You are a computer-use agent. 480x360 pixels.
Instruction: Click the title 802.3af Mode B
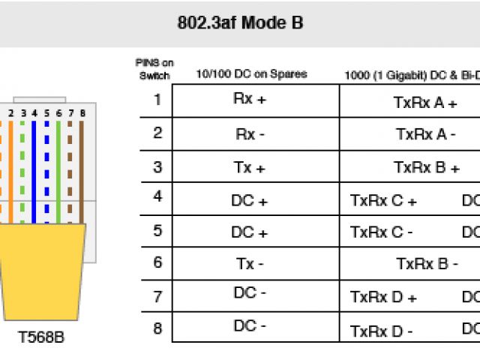[x=240, y=23]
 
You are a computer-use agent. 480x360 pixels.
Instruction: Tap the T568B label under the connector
[x=41, y=337]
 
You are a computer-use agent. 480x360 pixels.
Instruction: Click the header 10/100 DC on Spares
[x=251, y=74]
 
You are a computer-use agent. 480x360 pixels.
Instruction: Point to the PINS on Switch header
[x=154, y=70]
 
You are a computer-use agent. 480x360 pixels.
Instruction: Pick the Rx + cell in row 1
[x=249, y=100]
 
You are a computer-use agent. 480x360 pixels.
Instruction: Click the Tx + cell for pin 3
[x=250, y=167]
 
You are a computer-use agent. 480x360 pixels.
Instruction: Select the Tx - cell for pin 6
[x=250, y=264]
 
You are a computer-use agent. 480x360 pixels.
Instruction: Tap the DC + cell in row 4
[x=250, y=200]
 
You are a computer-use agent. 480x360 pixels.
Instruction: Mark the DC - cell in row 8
[x=250, y=326]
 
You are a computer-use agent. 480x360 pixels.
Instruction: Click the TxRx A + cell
[x=425, y=103]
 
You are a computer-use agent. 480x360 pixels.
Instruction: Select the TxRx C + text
[x=383, y=201]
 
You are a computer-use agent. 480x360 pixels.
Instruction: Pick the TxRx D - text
[x=382, y=331]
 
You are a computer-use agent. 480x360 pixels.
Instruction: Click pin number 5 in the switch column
[x=157, y=230]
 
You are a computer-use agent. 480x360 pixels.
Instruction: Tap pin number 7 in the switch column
[x=157, y=296]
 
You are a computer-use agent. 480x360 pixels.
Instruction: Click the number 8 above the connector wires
[x=82, y=113]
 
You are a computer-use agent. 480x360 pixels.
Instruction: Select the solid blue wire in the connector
[x=34, y=172]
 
